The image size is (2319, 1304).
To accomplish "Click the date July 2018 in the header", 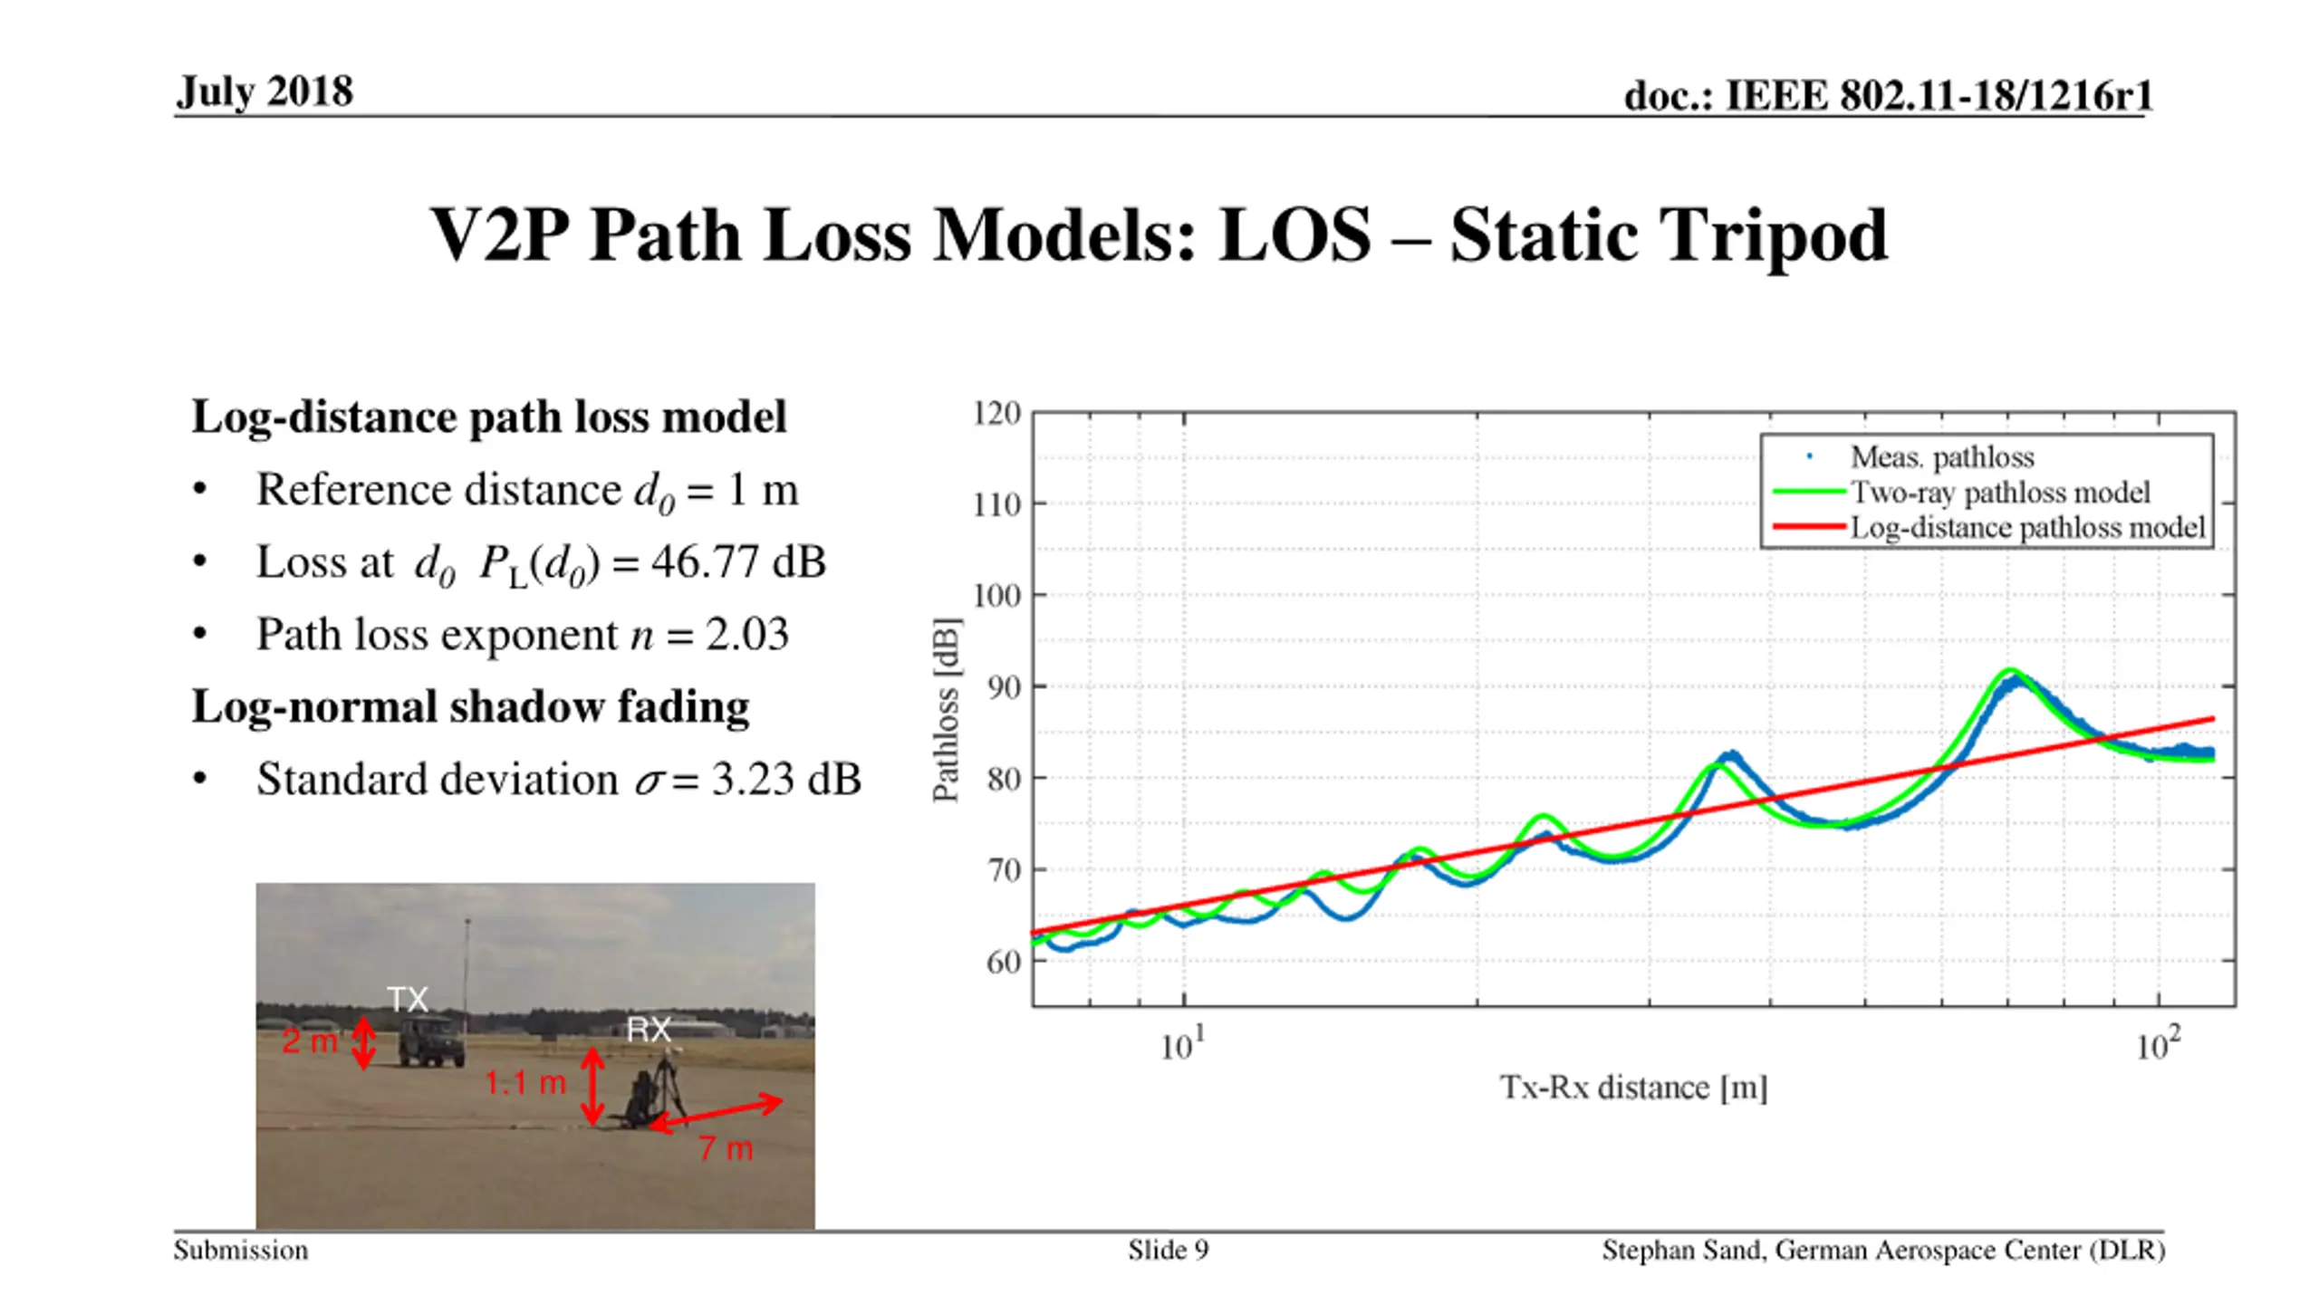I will coord(265,91).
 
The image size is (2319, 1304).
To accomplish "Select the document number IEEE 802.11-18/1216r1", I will coord(1888,96).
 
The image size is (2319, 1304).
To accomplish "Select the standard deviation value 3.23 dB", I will coord(785,780).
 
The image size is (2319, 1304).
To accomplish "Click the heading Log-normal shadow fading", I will coord(470,706).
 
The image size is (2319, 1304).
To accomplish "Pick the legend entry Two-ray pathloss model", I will coord(1999,493).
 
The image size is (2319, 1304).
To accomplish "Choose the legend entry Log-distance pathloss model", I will coord(2026,528).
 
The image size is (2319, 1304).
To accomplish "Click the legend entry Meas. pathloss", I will coord(1941,457).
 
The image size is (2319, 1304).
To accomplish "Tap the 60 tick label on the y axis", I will coord(1003,962).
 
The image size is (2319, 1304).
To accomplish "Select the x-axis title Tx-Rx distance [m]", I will coord(1633,1087).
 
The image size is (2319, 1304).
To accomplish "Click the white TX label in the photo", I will coord(408,1000).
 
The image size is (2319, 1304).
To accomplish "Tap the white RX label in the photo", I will coord(649,1030).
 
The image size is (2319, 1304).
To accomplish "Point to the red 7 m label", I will coord(726,1149).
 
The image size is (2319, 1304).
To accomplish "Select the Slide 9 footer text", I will coord(1168,1251).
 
